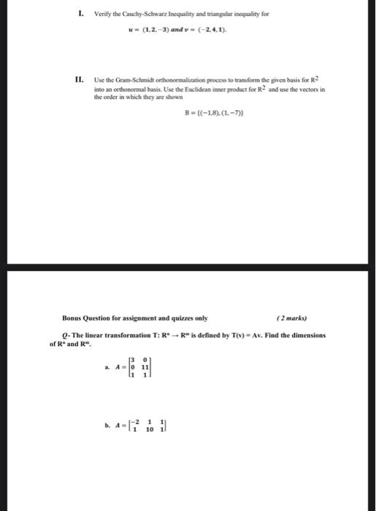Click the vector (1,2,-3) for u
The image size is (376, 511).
[x=150, y=32]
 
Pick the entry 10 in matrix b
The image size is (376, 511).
[x=149, y=429]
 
